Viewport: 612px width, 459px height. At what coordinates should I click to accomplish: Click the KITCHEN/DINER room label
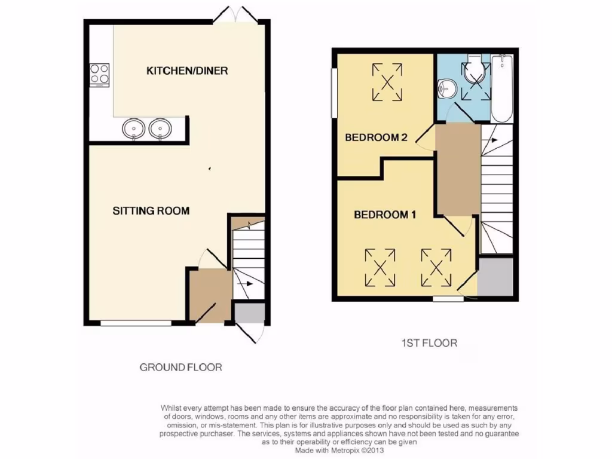pos(187,71)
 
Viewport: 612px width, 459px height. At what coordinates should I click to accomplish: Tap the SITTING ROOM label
pos(151,210)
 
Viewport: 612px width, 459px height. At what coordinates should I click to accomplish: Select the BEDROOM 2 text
pos(377,137)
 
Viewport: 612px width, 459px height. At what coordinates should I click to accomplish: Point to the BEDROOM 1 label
pos(385,215)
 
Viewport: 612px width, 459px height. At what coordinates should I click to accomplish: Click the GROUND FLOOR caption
pos(180,367)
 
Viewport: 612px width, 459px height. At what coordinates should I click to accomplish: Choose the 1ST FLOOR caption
pos(429,343)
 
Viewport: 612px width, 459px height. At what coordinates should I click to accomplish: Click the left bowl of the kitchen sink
pos(134,128)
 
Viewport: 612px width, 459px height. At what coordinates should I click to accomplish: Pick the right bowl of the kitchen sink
pos(160,128)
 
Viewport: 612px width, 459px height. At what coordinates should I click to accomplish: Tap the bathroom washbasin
pos(445,88)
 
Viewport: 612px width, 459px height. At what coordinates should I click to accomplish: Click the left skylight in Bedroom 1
pos(380,267)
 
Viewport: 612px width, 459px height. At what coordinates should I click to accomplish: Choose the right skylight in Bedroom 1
pos(436,267)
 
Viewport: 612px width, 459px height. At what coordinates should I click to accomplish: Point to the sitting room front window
pos(136,323)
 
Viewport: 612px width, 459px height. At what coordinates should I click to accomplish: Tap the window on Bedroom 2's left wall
pos(333,93)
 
